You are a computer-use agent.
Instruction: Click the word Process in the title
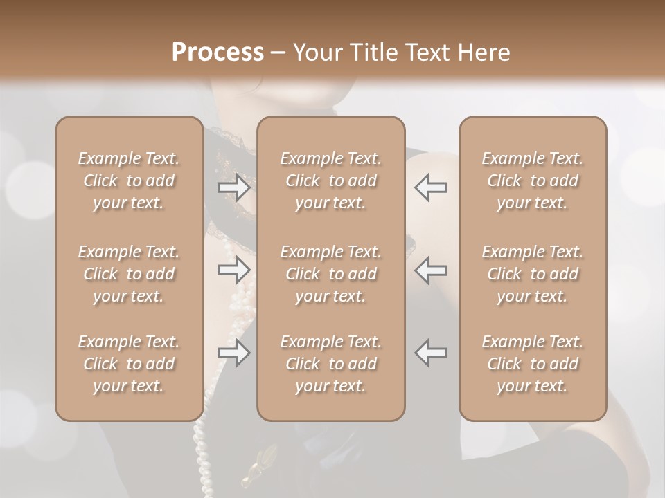[218, 53]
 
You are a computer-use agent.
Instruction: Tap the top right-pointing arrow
[233, 187]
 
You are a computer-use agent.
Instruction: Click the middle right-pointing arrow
[233, 270]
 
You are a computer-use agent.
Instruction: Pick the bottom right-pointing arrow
[233, 353]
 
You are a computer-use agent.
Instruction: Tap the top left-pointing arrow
[431, 187]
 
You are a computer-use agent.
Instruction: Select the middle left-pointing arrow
[431, 270]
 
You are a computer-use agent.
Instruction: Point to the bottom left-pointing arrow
[431, 353]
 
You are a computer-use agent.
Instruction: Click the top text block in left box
[129, 181]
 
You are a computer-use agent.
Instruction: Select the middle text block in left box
[129, 274]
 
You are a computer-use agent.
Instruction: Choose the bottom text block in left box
[129, 364]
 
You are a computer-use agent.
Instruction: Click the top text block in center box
[331, 181]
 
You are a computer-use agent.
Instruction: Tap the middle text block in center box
[331, 274]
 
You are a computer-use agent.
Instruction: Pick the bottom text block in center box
[331, 364]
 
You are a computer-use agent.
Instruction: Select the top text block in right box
[533, 181]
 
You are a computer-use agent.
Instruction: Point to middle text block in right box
[533, 274]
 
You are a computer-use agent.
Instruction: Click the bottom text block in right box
[533, 364]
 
